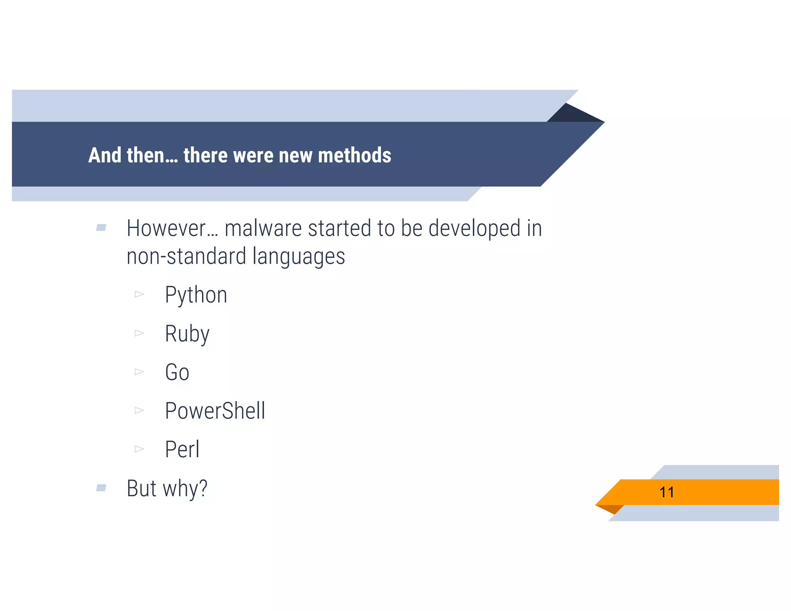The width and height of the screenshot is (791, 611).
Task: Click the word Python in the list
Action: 196,295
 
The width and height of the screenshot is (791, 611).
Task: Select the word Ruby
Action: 187,334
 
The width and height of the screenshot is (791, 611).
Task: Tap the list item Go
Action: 177,372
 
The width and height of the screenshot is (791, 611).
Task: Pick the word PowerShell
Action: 215,411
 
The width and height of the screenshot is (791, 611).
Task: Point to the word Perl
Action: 182,449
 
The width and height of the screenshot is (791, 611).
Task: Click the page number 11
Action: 667,492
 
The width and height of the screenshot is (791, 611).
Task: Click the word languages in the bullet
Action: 299,257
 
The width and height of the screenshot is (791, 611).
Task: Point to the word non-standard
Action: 187,257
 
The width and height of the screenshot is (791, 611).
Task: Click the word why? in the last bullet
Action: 185,489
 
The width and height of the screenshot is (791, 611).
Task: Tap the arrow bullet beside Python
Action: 139,295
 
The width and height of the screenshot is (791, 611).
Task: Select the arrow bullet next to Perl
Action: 139,449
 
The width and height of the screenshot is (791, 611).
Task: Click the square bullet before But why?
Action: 101,488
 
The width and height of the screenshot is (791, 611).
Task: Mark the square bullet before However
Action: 101,227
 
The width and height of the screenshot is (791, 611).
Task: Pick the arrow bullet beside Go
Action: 139,372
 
